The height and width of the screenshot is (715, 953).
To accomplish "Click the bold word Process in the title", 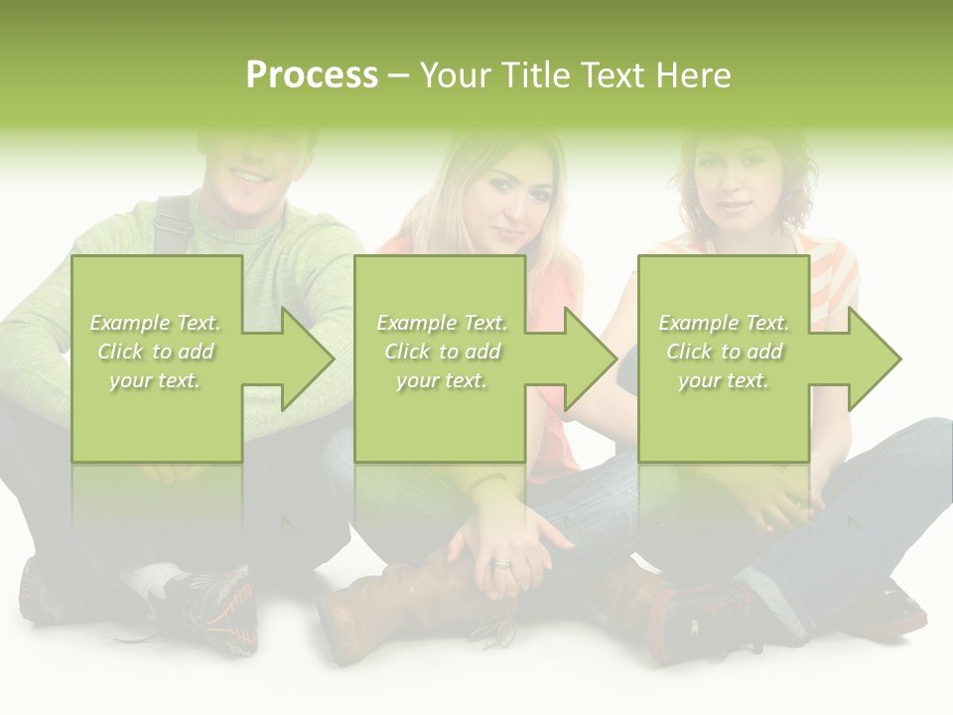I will (312, 75).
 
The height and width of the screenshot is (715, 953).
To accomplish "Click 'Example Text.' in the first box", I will (156, 323).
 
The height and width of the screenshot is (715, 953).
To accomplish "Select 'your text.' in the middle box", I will (442, 380).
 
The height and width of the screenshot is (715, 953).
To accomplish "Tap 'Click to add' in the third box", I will (725, 352).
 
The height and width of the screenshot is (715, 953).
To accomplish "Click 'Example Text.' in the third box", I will (725, 323).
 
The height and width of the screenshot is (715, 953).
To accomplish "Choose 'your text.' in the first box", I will (156, 380).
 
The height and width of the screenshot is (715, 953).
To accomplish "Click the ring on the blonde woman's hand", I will (501, 564).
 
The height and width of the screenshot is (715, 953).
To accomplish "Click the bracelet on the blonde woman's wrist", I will (488, 480).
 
